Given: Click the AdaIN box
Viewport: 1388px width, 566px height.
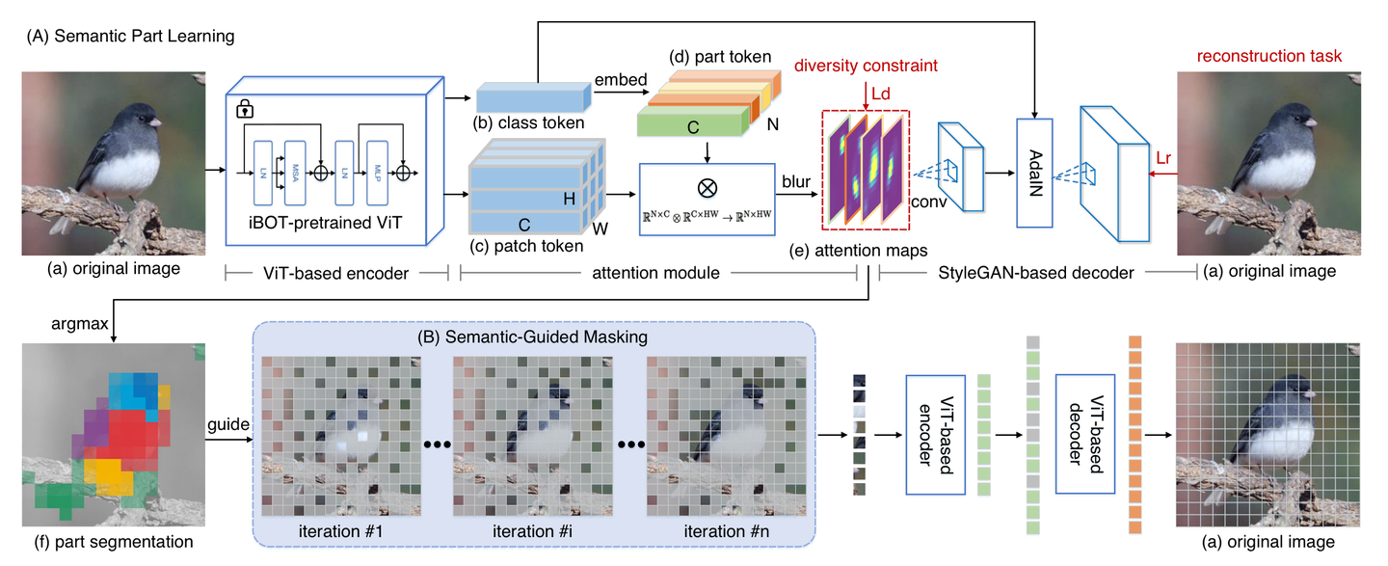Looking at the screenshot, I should [x=1032, y=172].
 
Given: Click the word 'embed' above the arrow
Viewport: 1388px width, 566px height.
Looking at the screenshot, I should [x=621, y=79].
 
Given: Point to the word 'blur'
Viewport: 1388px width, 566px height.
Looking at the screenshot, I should [x=796, y=180].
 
